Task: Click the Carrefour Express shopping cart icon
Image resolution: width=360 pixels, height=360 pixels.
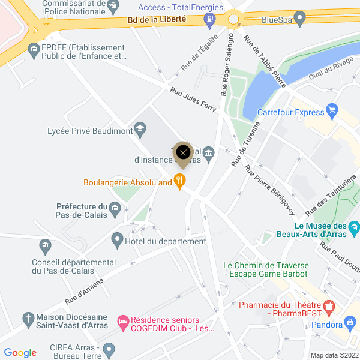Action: pyautogui.click(x=333, y=112)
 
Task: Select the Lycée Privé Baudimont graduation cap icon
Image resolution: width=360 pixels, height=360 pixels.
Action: pyautogui.click(x=140, y=128)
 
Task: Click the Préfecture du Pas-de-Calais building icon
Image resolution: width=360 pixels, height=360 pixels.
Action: pyautogui.click(x=115, y=208)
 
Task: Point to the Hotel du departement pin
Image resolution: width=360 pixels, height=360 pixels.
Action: pyautogui.click(x=118, y=241)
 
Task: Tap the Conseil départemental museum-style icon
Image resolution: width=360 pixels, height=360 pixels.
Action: pyautogui.click(x=44, y=246)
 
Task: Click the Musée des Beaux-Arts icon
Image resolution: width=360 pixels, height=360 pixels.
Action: pyautogui.click(x=354, y=227)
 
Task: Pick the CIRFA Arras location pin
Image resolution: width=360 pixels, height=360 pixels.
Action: pyautogui.click(x=109, y=349)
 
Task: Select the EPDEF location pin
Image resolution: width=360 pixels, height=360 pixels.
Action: pyautogui.click(x=34, y=50)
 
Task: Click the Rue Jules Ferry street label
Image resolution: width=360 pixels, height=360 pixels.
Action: pyautogui.click(x=193, y=97)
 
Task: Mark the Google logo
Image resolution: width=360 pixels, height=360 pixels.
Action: pyautogui.click(x=20, y=353)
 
